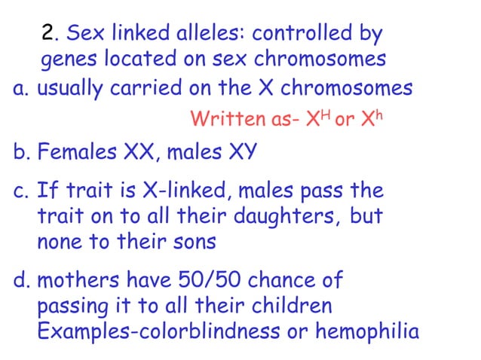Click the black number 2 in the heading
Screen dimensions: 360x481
(x=49, y=34)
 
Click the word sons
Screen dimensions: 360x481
(x=195, y=243)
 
